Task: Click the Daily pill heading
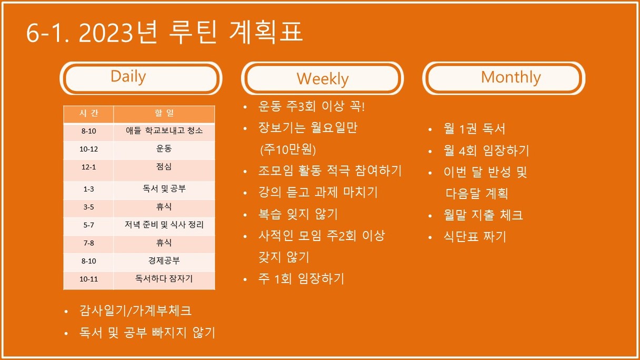(141, 78)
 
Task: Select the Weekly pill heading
(322, 78)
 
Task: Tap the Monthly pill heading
(504, 78)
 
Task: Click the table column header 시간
(88, 114)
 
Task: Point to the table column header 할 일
(164, 114)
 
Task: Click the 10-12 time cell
(88, 149)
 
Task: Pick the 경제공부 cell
(164, 261)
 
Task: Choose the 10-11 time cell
(88, 279)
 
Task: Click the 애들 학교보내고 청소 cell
(164, 131)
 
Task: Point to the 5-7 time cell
(88, 225)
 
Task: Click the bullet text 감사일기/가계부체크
(135, 311)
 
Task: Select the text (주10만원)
(288, 149)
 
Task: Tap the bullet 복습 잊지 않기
(298, 214)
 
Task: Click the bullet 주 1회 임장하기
(301, 278)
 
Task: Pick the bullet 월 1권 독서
(474, 128)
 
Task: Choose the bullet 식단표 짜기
(475, 236)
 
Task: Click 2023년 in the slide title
(118, 32)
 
